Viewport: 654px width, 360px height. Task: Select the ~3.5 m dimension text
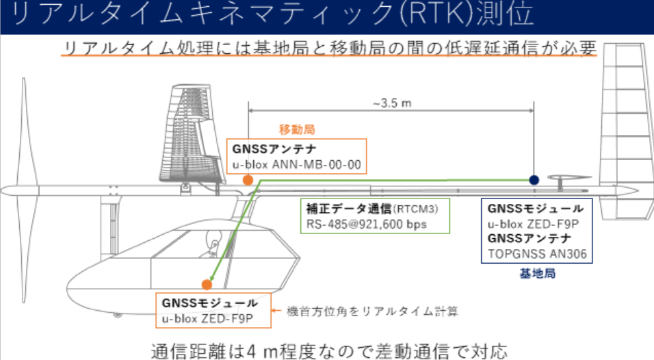[x=391, y=105]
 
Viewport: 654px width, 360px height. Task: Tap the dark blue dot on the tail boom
[x=534, y=179]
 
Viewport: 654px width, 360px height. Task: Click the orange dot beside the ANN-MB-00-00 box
[x=248, y=180]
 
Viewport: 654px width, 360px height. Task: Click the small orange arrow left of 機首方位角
[x=278, y=311]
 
